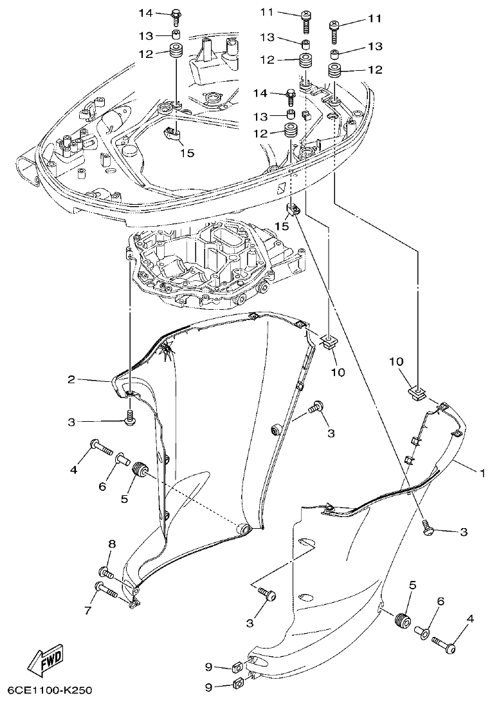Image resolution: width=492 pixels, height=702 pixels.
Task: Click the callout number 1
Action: pyautogui.click(x=480, y=472)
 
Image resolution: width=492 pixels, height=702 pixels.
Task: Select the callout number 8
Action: pyautogui.click(x=111, y=544)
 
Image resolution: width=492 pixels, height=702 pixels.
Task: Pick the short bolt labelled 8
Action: pyautogui.click(x=106, y=572)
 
